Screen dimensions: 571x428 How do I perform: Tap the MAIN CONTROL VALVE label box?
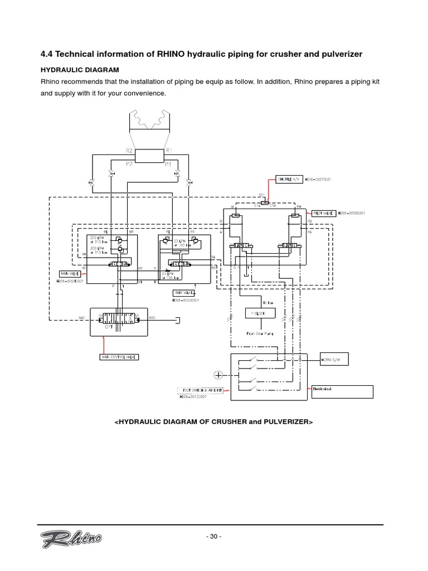(119, 356)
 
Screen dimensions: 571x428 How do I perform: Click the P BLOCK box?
(257, 313)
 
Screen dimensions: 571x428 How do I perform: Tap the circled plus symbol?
(218, 375)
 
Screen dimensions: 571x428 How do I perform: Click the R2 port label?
(129, 151)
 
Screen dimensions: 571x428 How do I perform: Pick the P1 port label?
(167, 164)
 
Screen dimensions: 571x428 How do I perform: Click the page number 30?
(213, 537)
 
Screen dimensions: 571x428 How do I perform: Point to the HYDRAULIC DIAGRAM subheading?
(80, 70)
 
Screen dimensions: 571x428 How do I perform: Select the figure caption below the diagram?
(213, 422)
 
